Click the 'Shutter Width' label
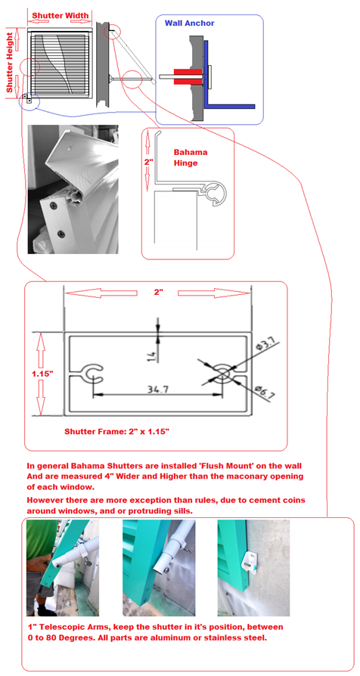click(61, 15)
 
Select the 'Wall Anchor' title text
click(189, 23)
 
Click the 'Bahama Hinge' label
click(190, 157)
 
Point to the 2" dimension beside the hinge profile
click(149, 161)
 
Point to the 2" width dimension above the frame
click(158, 292)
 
